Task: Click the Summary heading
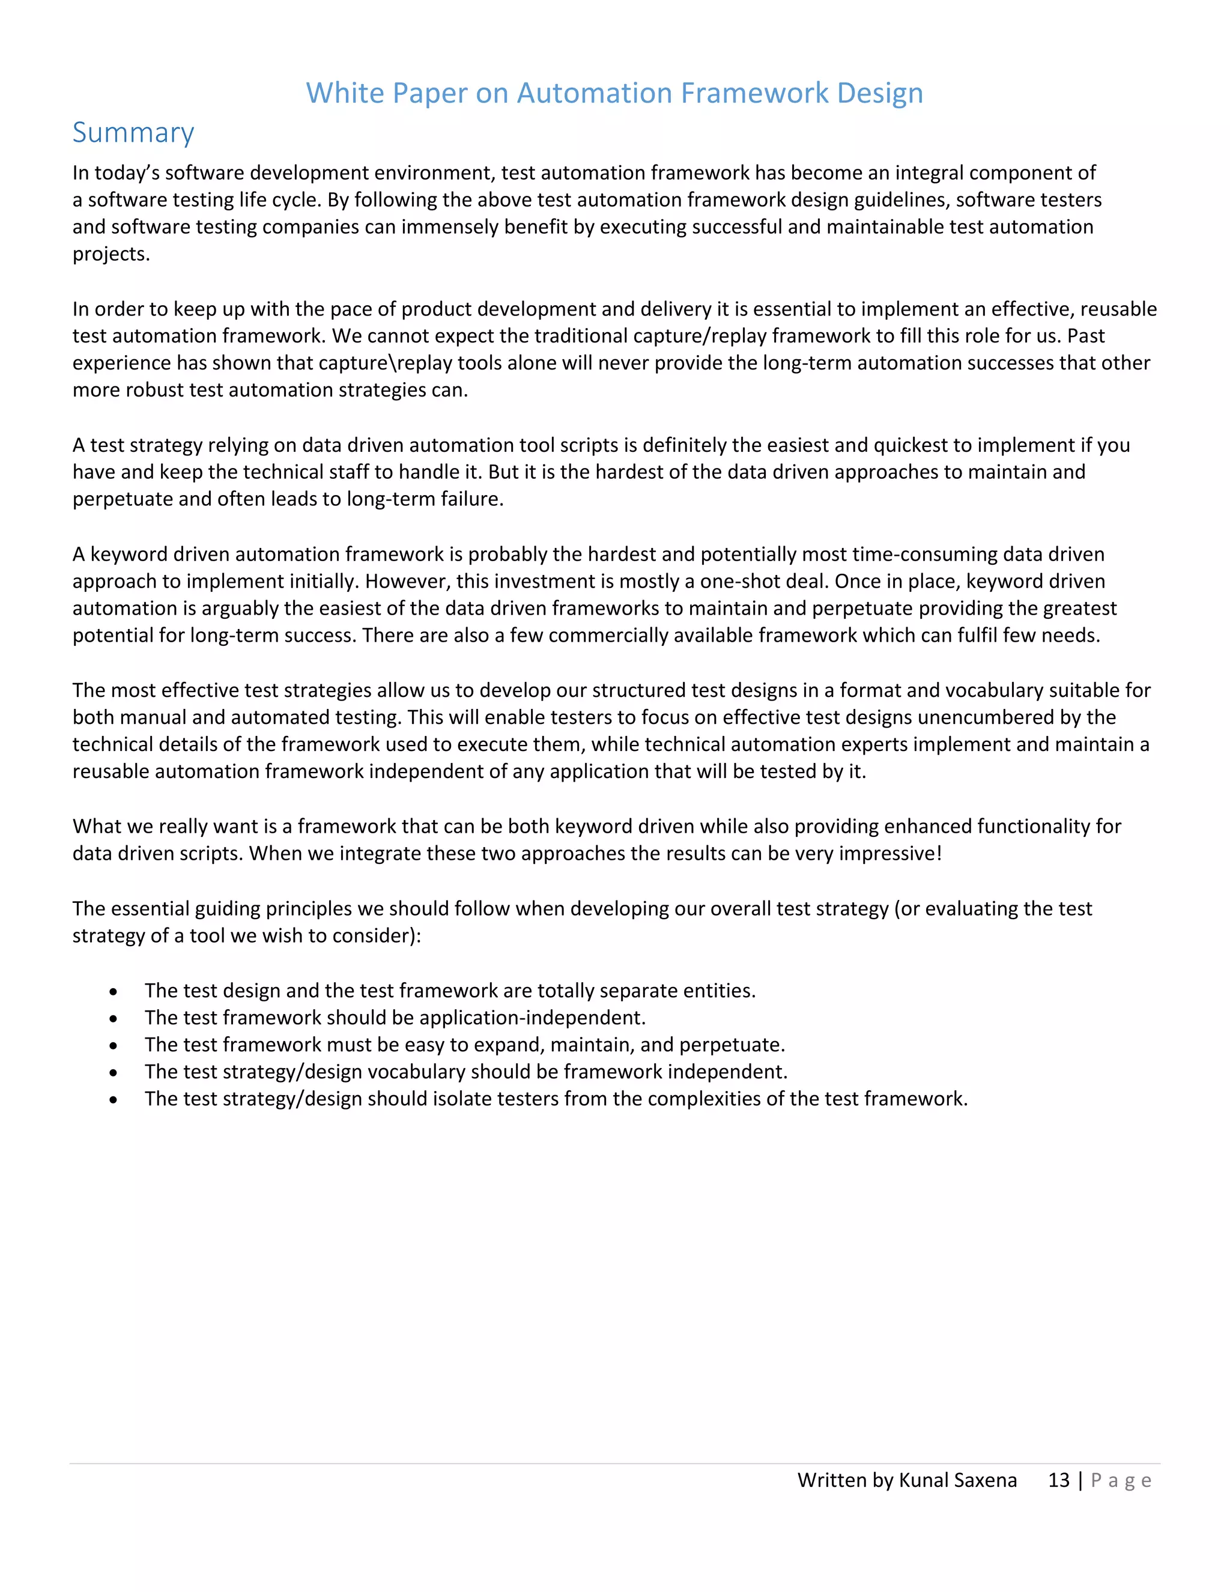(x=133, y=132)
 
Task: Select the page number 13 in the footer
(x=1058, y=1480)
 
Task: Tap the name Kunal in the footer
(x=923, y=1480)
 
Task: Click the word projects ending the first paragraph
(x=110, y=254)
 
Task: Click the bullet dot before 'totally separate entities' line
(x=113, y=992)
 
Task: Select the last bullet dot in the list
(x=113, y=1100)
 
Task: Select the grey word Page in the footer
(x=1121, y=1480)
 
